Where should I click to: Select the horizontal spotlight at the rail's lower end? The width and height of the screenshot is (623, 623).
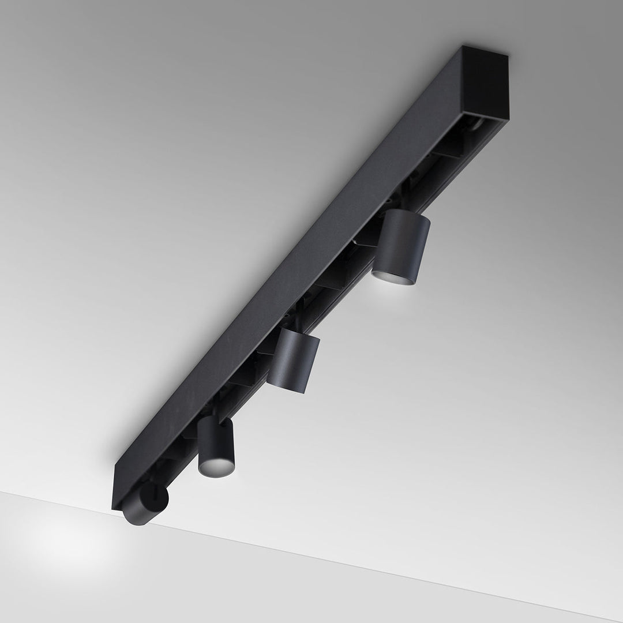(x=144, y=504)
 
